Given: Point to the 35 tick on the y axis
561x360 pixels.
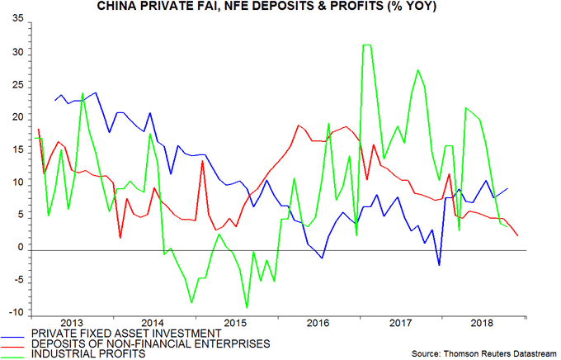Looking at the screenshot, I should [16, 20].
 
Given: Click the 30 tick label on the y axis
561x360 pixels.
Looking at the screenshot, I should [16, 53].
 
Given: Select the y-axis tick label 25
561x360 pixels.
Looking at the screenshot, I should [16, 85].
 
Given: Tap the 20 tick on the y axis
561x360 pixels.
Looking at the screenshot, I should [16, 117].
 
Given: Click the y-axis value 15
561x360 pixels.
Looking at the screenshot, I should [16, 150].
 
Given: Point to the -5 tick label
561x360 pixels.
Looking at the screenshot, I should [17, 281].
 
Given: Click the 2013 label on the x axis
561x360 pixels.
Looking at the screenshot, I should [72, 323].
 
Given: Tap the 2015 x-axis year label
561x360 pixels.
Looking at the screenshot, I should [236, 323].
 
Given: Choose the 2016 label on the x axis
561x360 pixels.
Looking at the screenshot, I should [318, 323].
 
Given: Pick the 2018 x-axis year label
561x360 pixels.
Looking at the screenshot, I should [482, 323].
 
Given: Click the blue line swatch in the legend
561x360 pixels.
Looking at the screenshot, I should [15, 336].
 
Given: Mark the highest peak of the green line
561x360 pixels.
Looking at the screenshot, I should [366, 45].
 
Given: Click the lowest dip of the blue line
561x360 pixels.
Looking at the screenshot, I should [439, 265].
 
